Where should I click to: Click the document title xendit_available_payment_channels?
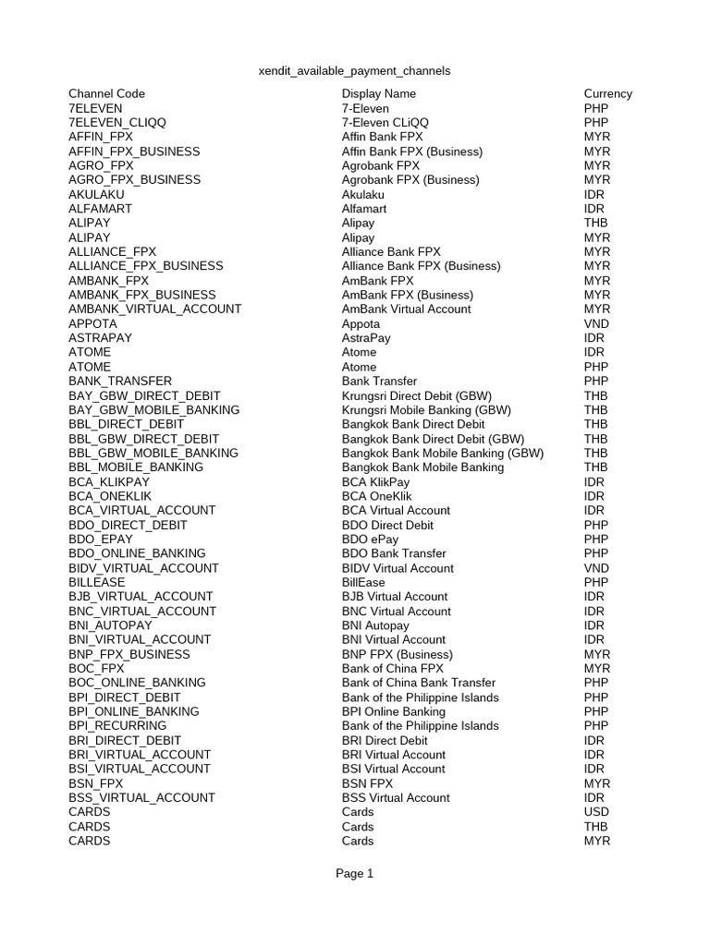[354, 70]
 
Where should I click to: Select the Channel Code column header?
[106, 93]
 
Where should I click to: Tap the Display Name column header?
[378, 93]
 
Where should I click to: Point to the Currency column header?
[607, 93]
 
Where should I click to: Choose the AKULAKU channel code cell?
[96, 194]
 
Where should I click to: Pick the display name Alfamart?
[364, 209]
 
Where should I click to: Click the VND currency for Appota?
[596, 323]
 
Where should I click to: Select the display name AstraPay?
[366, 338]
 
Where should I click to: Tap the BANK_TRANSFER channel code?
[120, 381]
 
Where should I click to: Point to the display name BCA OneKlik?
[375, 496]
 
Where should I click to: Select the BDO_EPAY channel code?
[101, 539]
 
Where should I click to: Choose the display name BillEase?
[363, 582]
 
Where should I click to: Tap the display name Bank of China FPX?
[392, 668]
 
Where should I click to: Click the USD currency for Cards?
[596, 812]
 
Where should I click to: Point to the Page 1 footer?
[354, 873]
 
